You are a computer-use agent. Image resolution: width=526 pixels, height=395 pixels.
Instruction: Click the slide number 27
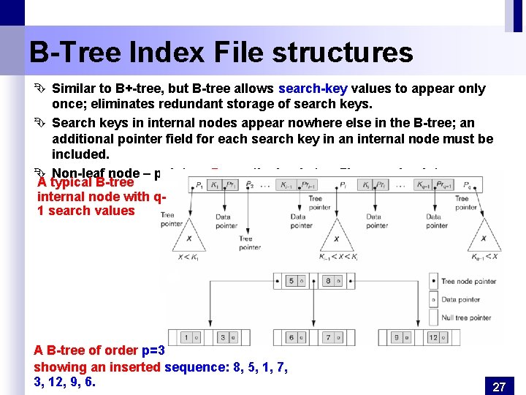click(499, 387)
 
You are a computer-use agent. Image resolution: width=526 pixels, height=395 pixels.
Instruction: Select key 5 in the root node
click(291, 281)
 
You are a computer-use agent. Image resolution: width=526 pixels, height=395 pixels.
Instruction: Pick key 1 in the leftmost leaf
click(186, 337)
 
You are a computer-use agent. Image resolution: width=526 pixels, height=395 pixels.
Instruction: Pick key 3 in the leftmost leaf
click(224, 337)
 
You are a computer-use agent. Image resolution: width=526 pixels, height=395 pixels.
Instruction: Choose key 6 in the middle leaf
click(291, 337)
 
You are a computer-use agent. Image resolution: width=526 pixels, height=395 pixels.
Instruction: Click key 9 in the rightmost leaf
click(396, 337)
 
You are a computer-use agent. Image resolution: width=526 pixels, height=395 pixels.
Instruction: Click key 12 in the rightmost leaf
click(432, 337)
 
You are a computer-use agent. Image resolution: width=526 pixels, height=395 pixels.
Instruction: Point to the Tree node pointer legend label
click(468, 281)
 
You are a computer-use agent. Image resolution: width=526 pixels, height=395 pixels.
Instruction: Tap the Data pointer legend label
click(461, 299)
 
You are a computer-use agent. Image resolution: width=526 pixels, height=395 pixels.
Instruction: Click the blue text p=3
click(153, 350)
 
